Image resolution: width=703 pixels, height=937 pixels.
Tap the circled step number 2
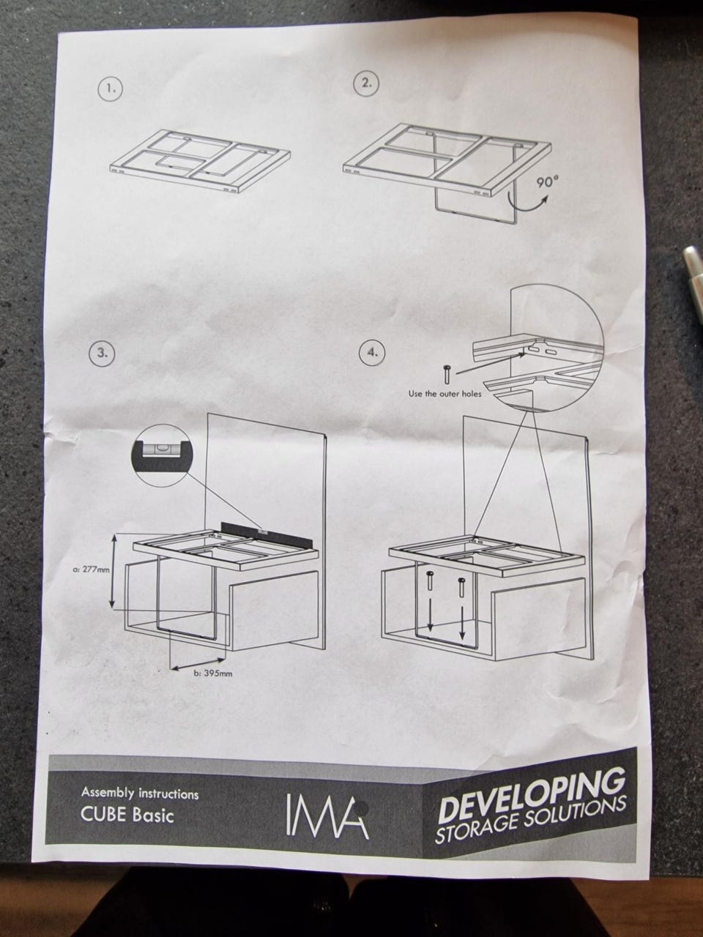[x=366, y=83]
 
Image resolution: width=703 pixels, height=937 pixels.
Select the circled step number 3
[x=102, y=353]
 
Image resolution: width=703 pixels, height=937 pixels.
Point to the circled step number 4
[x=372, y=353]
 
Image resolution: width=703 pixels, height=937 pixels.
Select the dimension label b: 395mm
[x=213, y=673]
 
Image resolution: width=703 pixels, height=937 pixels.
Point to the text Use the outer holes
[x=445, y=394]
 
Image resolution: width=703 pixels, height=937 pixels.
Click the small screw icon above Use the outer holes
[x=447, y=373]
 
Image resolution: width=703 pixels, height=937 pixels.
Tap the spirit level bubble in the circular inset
[x=162, y=448]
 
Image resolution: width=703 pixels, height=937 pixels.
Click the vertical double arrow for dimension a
[x=112, y=572]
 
